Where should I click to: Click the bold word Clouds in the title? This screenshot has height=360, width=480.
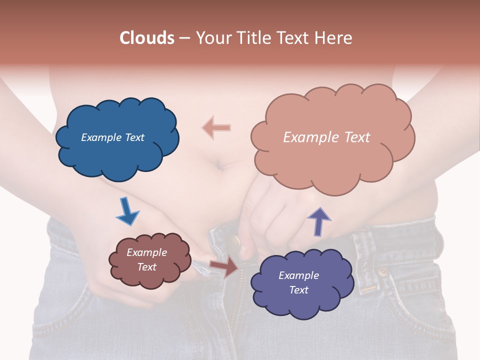[147, 38]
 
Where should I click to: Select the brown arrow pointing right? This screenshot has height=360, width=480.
[224, 266]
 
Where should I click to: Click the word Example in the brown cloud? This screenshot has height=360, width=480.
[146, 253]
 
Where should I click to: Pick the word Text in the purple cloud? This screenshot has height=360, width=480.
[298, 290]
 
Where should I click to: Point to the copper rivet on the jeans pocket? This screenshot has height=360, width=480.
[383, 272]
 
